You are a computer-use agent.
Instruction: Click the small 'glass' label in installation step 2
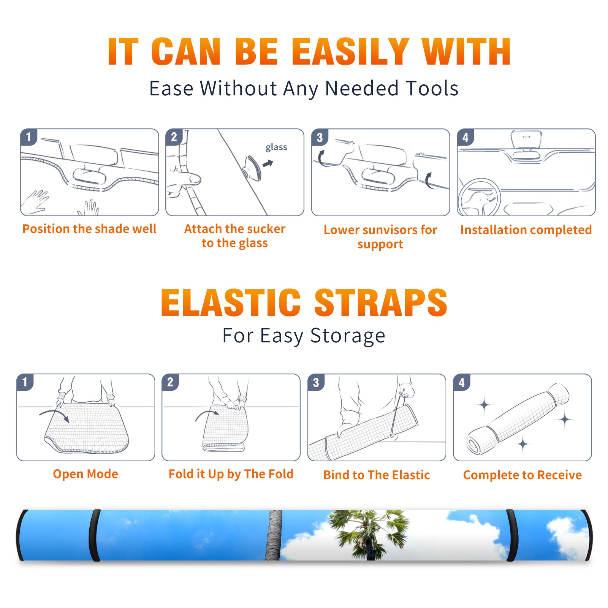coord(276,147)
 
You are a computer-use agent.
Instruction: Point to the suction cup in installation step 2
coord(253,168)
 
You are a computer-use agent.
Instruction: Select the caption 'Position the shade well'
coord(89,229)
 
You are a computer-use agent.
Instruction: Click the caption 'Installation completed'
coord(526,230)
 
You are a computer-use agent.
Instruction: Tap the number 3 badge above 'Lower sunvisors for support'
coord(320,137)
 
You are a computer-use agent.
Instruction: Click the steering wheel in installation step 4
coord(479,198)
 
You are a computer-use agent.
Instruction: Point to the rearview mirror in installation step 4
coord(526,139)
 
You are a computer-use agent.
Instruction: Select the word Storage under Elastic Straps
coord(348,336)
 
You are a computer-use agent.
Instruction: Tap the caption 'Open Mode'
coord(85,474)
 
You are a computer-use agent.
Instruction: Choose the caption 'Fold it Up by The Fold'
coord(231,474)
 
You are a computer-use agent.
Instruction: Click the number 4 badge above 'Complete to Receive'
coord(462,382)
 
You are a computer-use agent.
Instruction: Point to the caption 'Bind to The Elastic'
coord(377,475)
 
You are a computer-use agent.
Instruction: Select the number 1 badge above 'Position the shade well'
coord(28,137)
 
